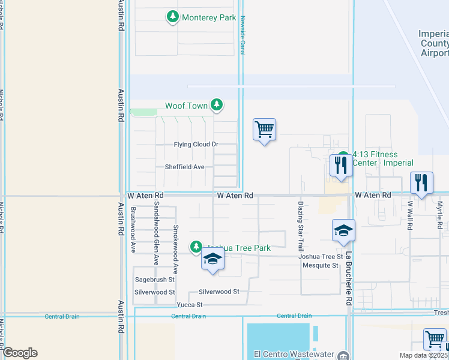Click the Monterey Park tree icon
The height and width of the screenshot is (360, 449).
tap(173, 17)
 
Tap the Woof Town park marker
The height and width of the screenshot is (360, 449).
tap(217, 106)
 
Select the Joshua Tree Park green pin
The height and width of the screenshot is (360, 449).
tap(196, 247)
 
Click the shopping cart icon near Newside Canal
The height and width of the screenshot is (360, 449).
tap(264, 130)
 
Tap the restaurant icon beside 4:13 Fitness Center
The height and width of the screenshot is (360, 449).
tap(341, 165)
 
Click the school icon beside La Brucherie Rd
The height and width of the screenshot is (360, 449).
tap(344, 230)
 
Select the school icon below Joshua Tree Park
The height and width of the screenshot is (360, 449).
tap(212, 260)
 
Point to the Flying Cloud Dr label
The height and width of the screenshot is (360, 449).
tap(196, 145)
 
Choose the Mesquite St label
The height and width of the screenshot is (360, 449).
tap(321, 265)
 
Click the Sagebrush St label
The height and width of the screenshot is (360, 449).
tap(154, 280)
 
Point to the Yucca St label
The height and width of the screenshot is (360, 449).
tap(190, 305)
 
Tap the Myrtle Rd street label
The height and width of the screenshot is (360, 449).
tap(439, 215)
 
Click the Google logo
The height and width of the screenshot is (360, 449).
tap(19, 353)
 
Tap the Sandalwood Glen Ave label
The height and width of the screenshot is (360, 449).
tap(156, 233)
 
